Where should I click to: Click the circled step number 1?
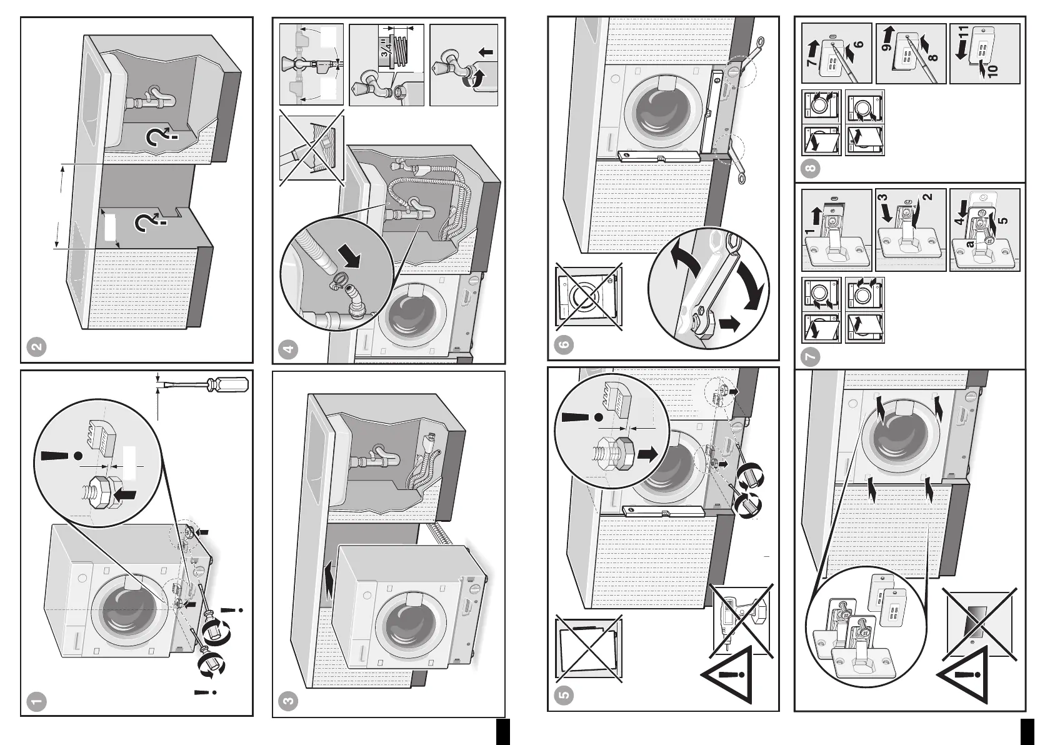pos(37,701)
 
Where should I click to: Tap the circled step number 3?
pos(288,701)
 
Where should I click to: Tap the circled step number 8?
pos(811,167)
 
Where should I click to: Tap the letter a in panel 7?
pos(970,244)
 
